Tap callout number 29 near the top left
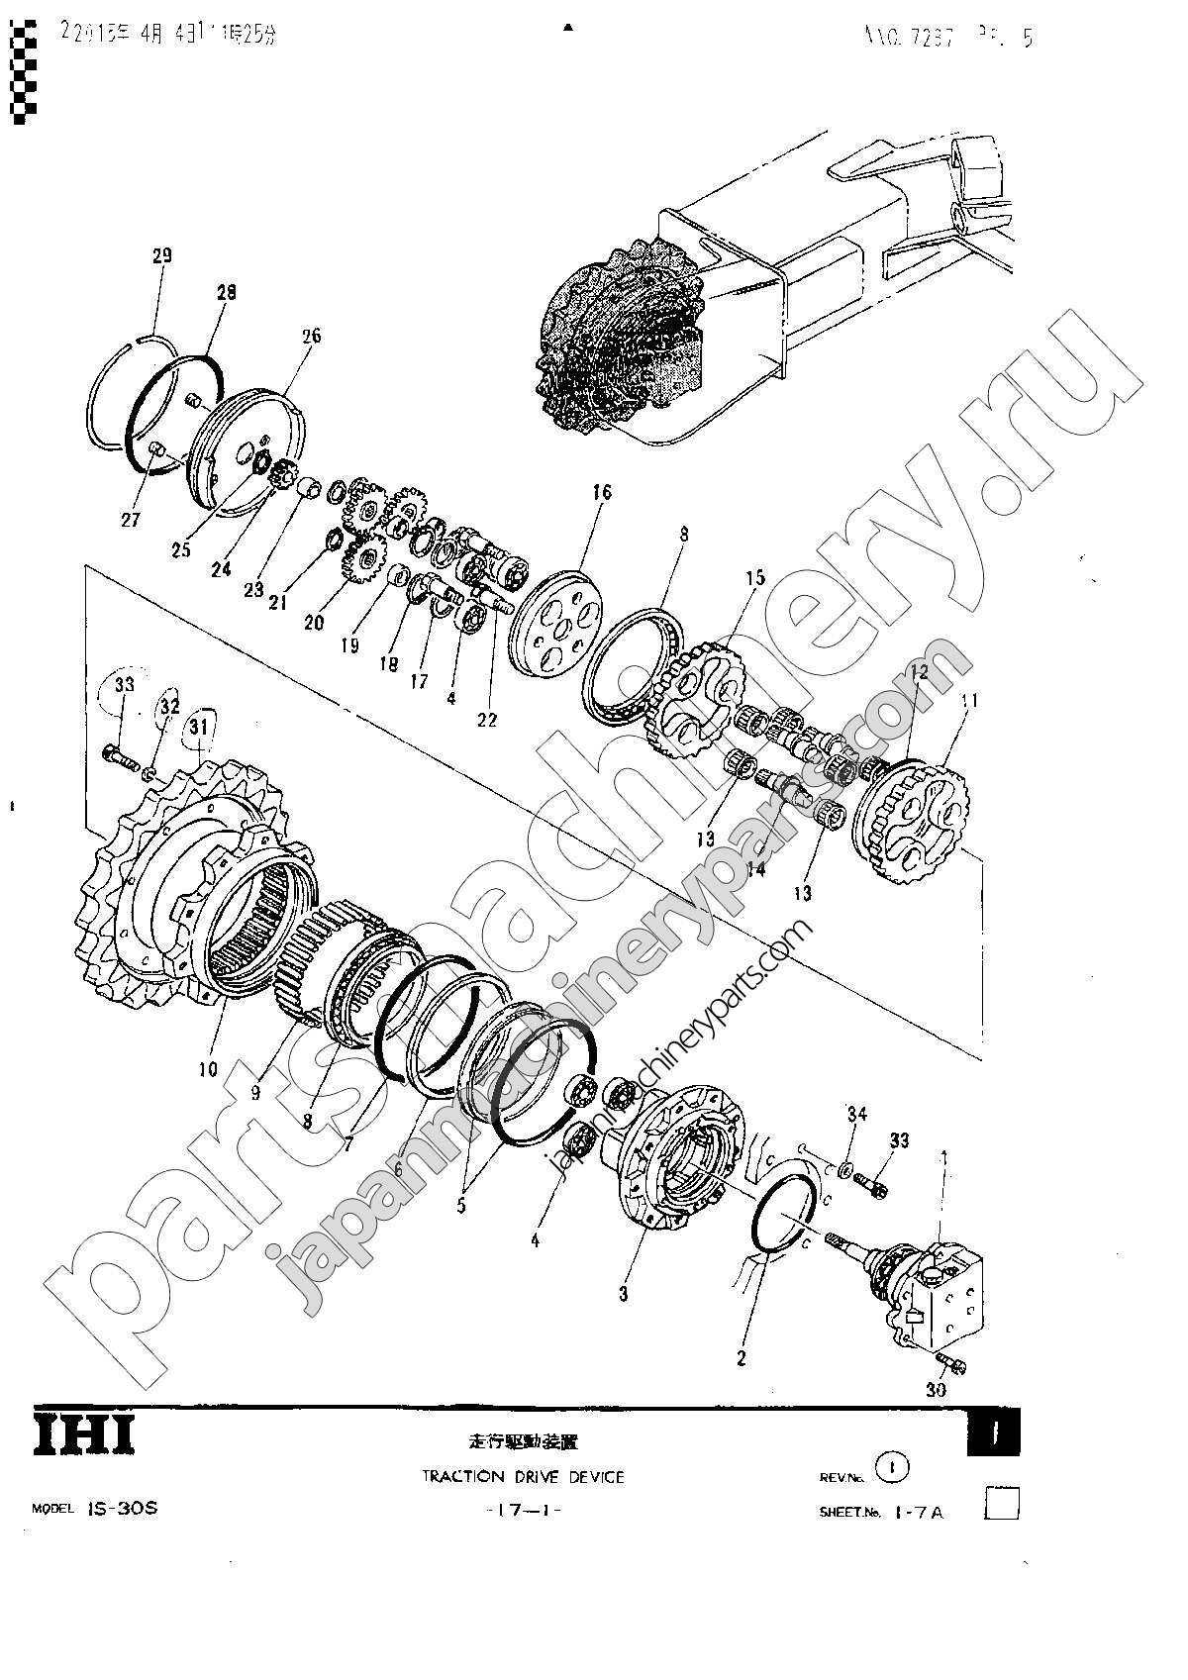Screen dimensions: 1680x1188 [162, 255]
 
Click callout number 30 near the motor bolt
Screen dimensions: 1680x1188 [936, 1390]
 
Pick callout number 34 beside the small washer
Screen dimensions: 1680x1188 [855, 1116]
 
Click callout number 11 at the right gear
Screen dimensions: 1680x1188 [968, 700]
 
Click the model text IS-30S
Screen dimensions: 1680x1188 [122, 1510]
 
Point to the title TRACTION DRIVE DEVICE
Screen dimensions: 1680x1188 [523, 1476]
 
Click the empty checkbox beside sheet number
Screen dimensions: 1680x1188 [1003, 1505]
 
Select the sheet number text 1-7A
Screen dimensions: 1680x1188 [919, 1512]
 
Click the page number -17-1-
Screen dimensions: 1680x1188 [524, 1510]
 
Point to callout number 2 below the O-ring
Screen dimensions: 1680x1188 [742, 1359]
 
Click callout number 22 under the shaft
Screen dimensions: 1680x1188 [487, 720]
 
